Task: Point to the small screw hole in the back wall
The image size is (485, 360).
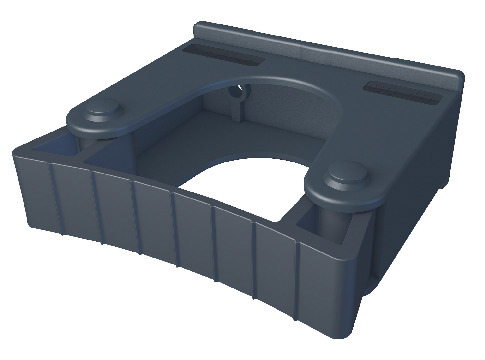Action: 238,97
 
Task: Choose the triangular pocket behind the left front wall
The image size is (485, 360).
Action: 50,151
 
